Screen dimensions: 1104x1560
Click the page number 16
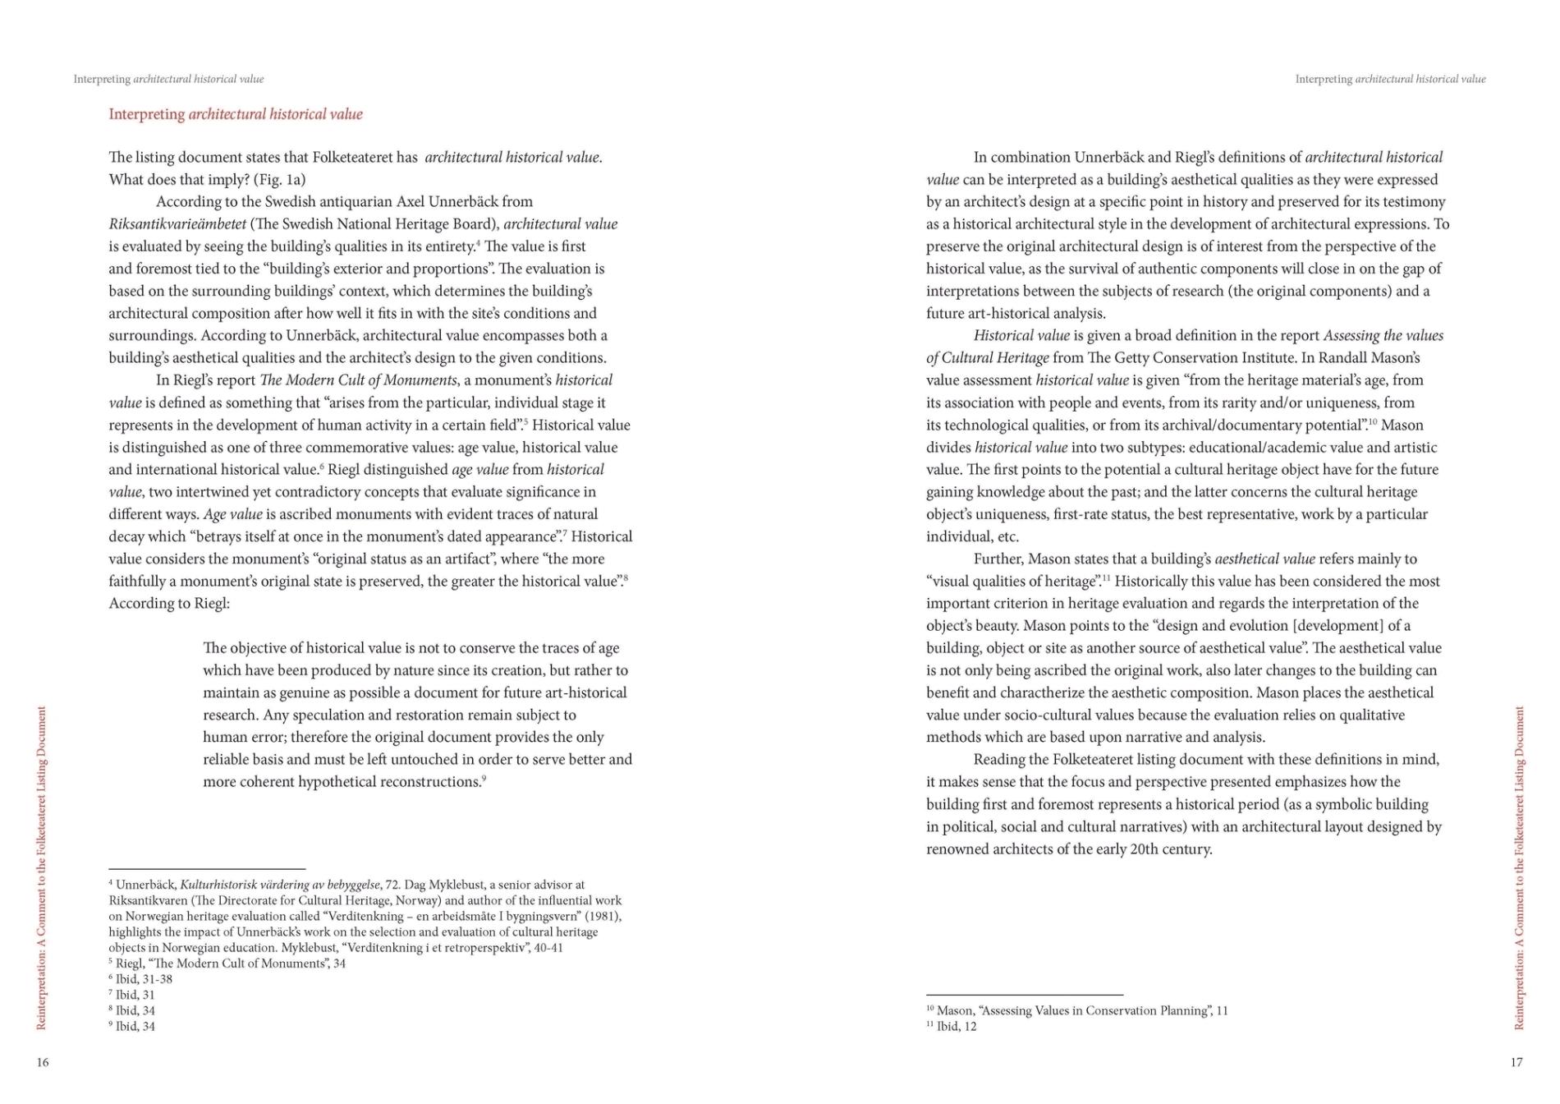[x=43, y=1062]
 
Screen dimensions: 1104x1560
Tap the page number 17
[x=1516, y=1062]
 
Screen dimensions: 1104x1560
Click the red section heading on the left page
[x=236, y=114]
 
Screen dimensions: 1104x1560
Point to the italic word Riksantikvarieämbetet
[x=177, y=224]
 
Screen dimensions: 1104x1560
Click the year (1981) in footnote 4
[x=603, y=917]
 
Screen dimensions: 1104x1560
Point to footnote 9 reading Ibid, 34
[x=132, y=1026]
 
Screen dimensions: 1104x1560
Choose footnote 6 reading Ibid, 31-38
[x=140, y=979]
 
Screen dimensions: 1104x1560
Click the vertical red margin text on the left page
[x=42, y=867]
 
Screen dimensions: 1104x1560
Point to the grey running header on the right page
[x=1390, y=80]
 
